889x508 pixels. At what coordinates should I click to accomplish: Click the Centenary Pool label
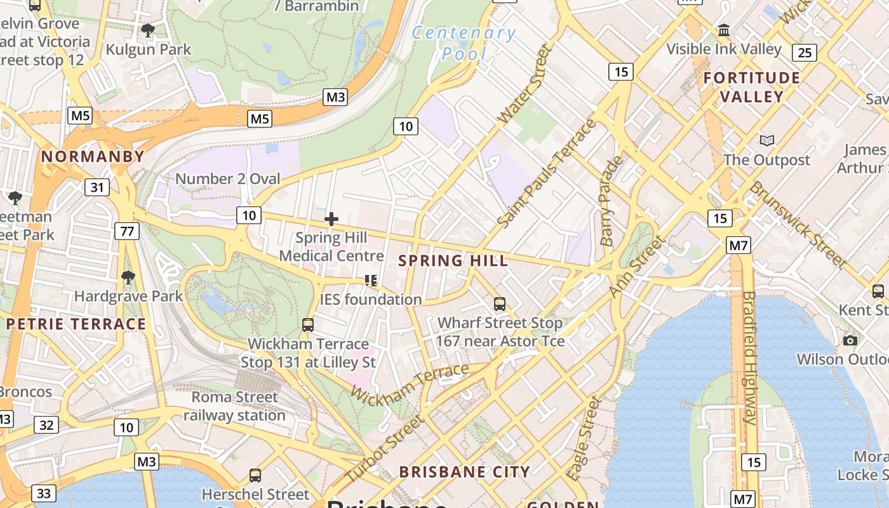[x=464, y=43]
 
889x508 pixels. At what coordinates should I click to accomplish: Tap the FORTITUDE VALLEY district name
[x=752, y=87]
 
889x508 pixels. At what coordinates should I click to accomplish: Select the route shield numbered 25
[x=805, y=53]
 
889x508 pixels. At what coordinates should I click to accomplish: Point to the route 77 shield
[x=127, y=231]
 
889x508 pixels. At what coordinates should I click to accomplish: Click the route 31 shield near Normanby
[x=97, y=187]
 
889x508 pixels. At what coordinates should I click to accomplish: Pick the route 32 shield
[x=46, y=425]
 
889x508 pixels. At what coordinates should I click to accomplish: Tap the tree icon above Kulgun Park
[x=148, y=30]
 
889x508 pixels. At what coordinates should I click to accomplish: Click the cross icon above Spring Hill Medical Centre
[x=331, y=220]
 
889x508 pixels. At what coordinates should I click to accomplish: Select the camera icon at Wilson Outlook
[x=850, y=340]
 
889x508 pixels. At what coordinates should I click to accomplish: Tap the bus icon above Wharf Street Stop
[x=500, y=304]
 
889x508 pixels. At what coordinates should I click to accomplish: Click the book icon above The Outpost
[x=767, y=140]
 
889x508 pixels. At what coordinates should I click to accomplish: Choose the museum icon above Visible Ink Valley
[x=723, y=30]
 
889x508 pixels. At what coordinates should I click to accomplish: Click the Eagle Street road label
[x=584, y=438]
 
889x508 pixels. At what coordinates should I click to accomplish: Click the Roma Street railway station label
[x=234, y=406]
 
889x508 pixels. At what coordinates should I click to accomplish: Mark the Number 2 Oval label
[x=227, y=179]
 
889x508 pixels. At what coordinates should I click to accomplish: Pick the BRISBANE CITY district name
[x=464, y=472]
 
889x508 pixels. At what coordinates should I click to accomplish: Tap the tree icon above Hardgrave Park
[x=128, y=277]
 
